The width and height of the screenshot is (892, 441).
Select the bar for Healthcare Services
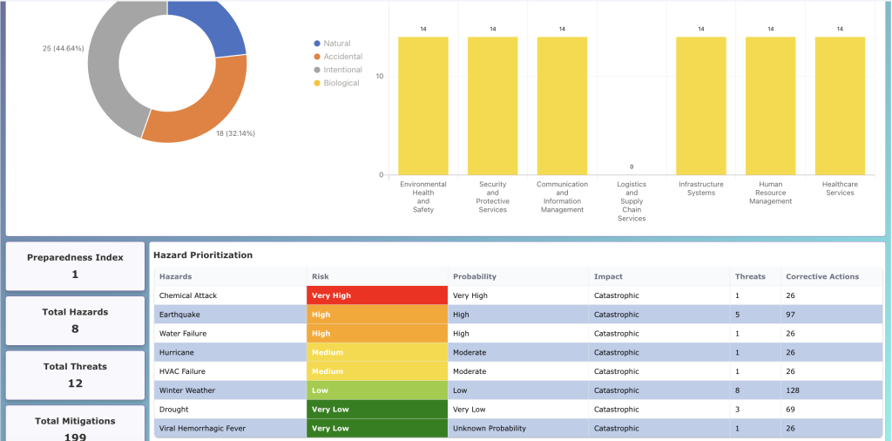pos(840,105)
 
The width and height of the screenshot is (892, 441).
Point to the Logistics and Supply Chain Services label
pos(632,201)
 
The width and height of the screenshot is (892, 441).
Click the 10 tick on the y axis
pos(379,77)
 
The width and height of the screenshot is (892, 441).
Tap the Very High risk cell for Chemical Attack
pos(376,295)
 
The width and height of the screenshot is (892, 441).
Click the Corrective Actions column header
pos(821,276)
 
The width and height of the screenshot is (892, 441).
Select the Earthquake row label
pos(180,315)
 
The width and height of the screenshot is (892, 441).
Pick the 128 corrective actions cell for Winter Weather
pos(793,390)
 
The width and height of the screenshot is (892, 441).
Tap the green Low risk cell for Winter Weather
pos(376,390)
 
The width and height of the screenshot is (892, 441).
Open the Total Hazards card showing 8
pos(75,320)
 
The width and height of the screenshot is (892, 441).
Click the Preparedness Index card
pos(75,266)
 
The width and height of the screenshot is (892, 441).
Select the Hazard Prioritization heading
pos(203,255)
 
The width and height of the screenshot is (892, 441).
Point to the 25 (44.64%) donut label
pos(63,48)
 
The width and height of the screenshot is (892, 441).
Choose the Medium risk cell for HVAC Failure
pos(376,371)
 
